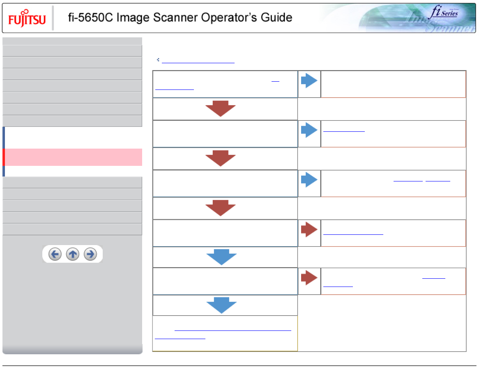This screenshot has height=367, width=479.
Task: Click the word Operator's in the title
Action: tap(221, 18)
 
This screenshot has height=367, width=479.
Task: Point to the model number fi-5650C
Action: tap(87, 18)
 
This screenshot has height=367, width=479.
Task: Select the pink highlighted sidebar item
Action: tap(73, 157)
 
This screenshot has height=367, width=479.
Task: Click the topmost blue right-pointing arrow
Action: tap(309, 81)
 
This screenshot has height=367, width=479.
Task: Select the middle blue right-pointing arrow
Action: tap(309, 131)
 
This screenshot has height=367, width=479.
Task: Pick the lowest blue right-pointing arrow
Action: tap(309, 180)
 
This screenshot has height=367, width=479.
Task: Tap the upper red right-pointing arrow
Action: tap(309, 230)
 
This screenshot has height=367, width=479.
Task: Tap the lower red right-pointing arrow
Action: tap(309, 278)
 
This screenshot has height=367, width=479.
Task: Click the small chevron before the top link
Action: tap(158, 60)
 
